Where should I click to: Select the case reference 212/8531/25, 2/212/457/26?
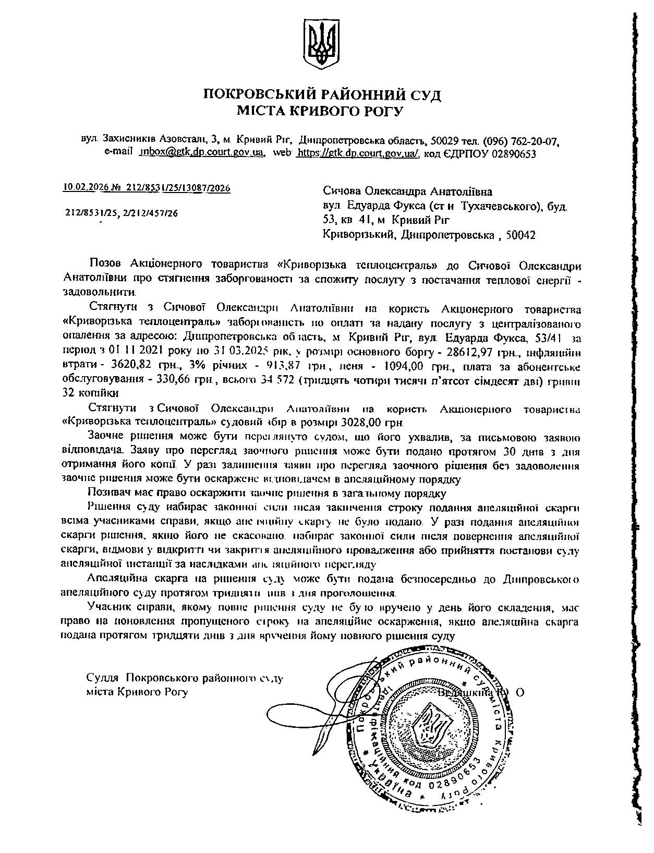coord(122,213)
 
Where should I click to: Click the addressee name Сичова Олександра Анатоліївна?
coord(407,192)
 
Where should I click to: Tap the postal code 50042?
coord(520,235)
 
